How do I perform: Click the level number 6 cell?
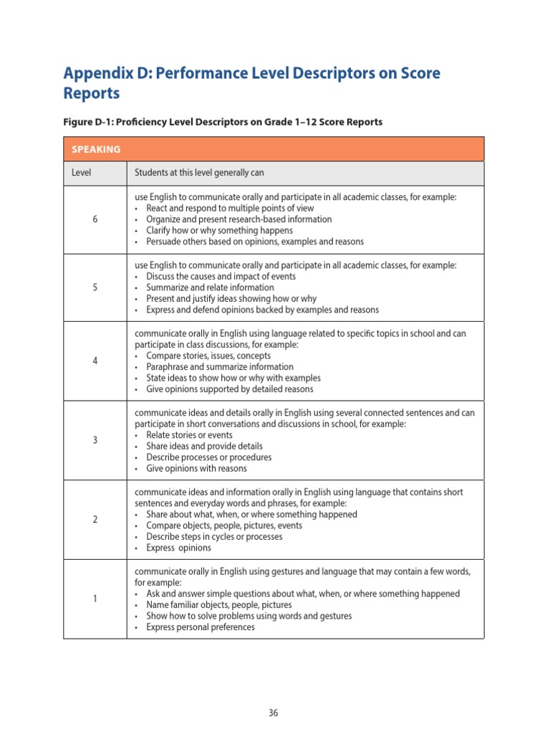pyautogui.click(x=95, y=219)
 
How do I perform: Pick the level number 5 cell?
pyautogui.click(x=95, y=287)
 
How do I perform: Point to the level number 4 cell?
pyautogui.click(x=95, y=361)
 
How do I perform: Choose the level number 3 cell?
pyautogui.click(x=95, y=440)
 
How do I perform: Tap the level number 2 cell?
pyautogui.click(x=95, y=520)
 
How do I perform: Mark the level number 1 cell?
pyautogui.click(x=95, y=599)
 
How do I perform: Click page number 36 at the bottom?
pyautogui.click(x=274, y=712)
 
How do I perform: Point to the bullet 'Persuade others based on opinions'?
pyautogui.click(x=254, y=242)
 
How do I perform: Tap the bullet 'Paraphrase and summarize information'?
pyautogui.click(x=219, y=367)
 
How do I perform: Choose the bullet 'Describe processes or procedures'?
pyautogui.click(x=208, y=457)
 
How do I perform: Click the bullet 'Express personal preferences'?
pyautogui.click(x=200, y=627)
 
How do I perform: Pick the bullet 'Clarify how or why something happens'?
pyautogui.click(x=219, y=231)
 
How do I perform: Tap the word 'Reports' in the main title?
pyautogui.click(x=92, y=94)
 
